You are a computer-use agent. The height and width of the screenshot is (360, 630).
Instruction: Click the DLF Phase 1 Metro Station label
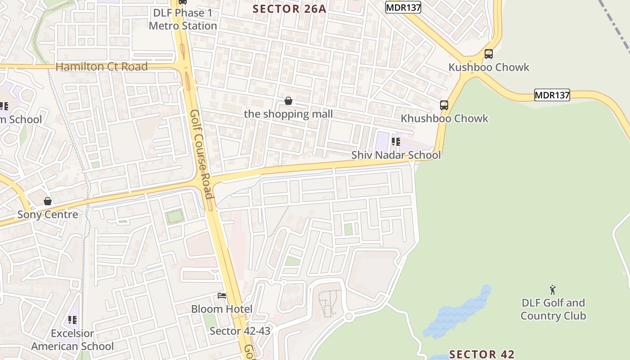pos(183,19)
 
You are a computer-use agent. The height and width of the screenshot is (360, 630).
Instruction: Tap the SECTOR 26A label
pos(289,9)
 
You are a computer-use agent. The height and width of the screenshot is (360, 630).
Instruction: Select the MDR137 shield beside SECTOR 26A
pos(403,7)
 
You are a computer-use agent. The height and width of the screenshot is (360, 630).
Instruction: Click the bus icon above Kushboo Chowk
pos(489,54)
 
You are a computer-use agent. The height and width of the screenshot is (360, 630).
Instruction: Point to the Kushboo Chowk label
pos(489,67)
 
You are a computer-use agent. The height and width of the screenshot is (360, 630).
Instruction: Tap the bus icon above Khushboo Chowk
pos(444,105)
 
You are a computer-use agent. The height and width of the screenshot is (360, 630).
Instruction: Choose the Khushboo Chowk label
pos(444,118)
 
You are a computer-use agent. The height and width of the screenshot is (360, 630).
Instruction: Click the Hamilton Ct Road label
pos(101,67)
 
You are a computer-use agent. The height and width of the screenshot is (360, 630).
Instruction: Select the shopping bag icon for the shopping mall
pos(288,101)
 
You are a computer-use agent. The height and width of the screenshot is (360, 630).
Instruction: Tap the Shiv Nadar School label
pos(396,155)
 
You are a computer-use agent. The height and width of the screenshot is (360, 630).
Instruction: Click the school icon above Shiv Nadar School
pos(396,142)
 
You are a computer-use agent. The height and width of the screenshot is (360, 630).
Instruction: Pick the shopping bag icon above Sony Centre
pos(48,201)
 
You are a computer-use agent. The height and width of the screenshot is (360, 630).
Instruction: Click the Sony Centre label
pos(48,214)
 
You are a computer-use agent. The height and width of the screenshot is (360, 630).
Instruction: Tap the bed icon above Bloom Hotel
pos(222,296)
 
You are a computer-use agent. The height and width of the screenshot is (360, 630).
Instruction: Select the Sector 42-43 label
pos(240,331)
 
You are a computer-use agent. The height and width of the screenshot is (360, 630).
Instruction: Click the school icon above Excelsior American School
pos(72,320)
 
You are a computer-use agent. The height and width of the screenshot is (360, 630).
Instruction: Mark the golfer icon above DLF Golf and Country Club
pos(553,290)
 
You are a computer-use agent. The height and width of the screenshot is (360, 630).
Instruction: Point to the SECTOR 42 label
pos(481,354)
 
